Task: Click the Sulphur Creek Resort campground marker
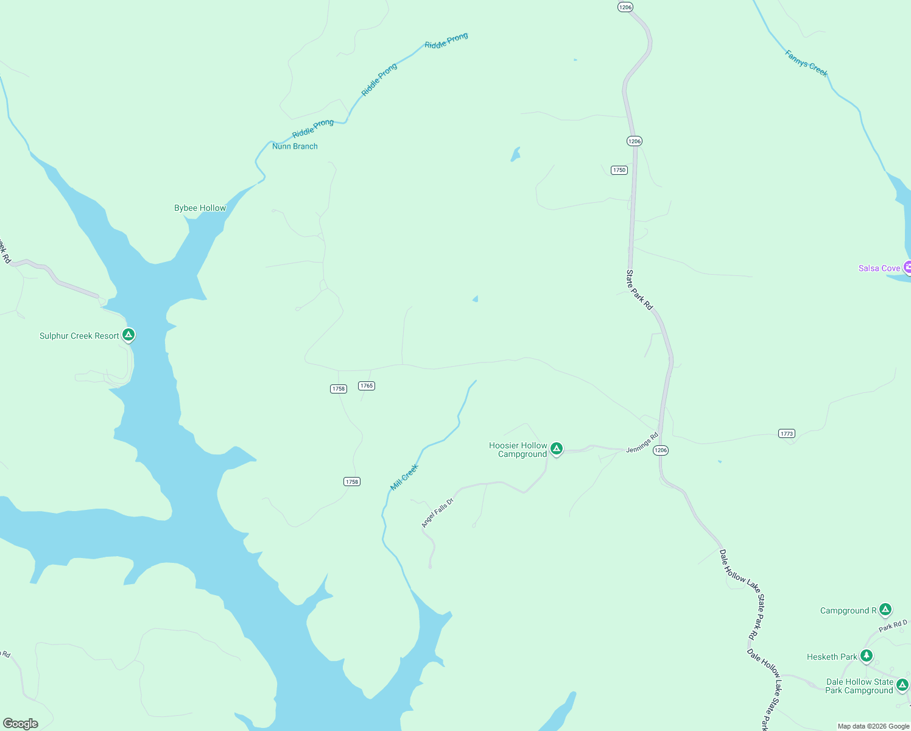pos(128,334)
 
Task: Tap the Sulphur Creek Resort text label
pos(79,336)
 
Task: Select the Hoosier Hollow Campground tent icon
pos(556,449)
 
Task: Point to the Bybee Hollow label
pos(200,208)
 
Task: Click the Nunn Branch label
pos(295,146)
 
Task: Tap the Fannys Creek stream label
pos(806,63)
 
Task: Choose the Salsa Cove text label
pos(879,268)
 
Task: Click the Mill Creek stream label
pos(404,477)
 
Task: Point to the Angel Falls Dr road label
pos(437,513)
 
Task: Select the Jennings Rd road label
pos(642,442)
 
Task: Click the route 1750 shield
pos(619,170)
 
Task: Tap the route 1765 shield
pos(367,386)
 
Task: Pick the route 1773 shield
pos(787,433)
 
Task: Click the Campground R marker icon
pos(885,609)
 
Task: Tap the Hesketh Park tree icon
pos(867,656)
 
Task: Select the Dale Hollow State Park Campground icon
pos(902,685)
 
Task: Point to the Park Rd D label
pos(893,626)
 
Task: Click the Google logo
pos(21,724)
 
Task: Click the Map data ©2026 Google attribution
pos(873,726)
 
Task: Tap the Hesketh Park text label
pos(831,657)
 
